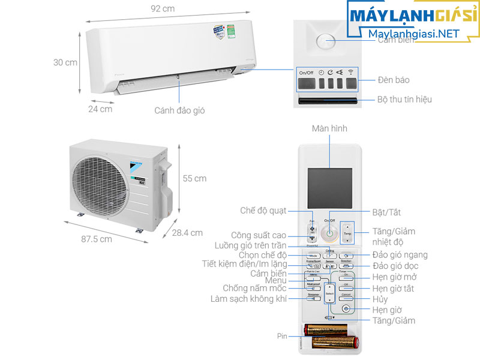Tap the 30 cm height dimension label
(x=65, y=62)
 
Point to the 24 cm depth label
(x=100, y=109)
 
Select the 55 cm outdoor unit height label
(x=194, y=178)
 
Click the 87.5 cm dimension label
(x=97, y=239)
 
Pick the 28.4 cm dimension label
(x=187, y=233)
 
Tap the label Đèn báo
(x=394, y=80)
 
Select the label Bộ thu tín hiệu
(x=404, y=100)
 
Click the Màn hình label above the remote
(x=329, y=129)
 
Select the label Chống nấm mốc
(x=255, y=288)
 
